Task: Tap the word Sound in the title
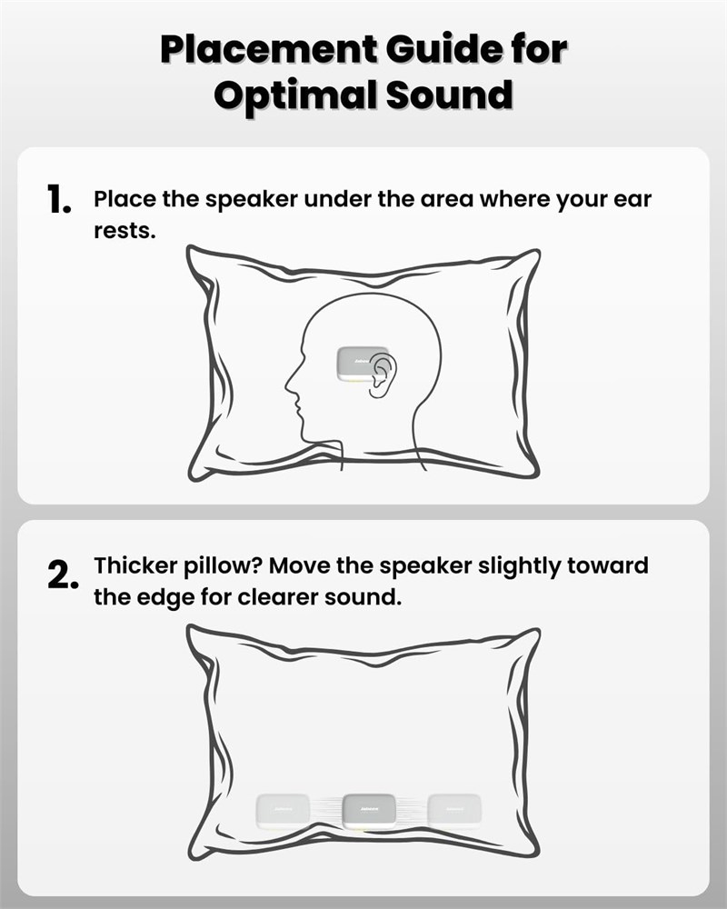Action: click(449, 95)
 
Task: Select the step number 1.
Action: click(58, 199)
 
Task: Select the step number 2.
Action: click(63, 574)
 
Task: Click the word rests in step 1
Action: click(124, 231)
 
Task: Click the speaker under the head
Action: click(361, 365)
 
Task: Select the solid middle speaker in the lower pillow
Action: click(369, 812)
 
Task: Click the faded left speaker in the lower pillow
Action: click(283, 811)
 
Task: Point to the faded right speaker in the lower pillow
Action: click(454, 811)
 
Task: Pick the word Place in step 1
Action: click(125, 199)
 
